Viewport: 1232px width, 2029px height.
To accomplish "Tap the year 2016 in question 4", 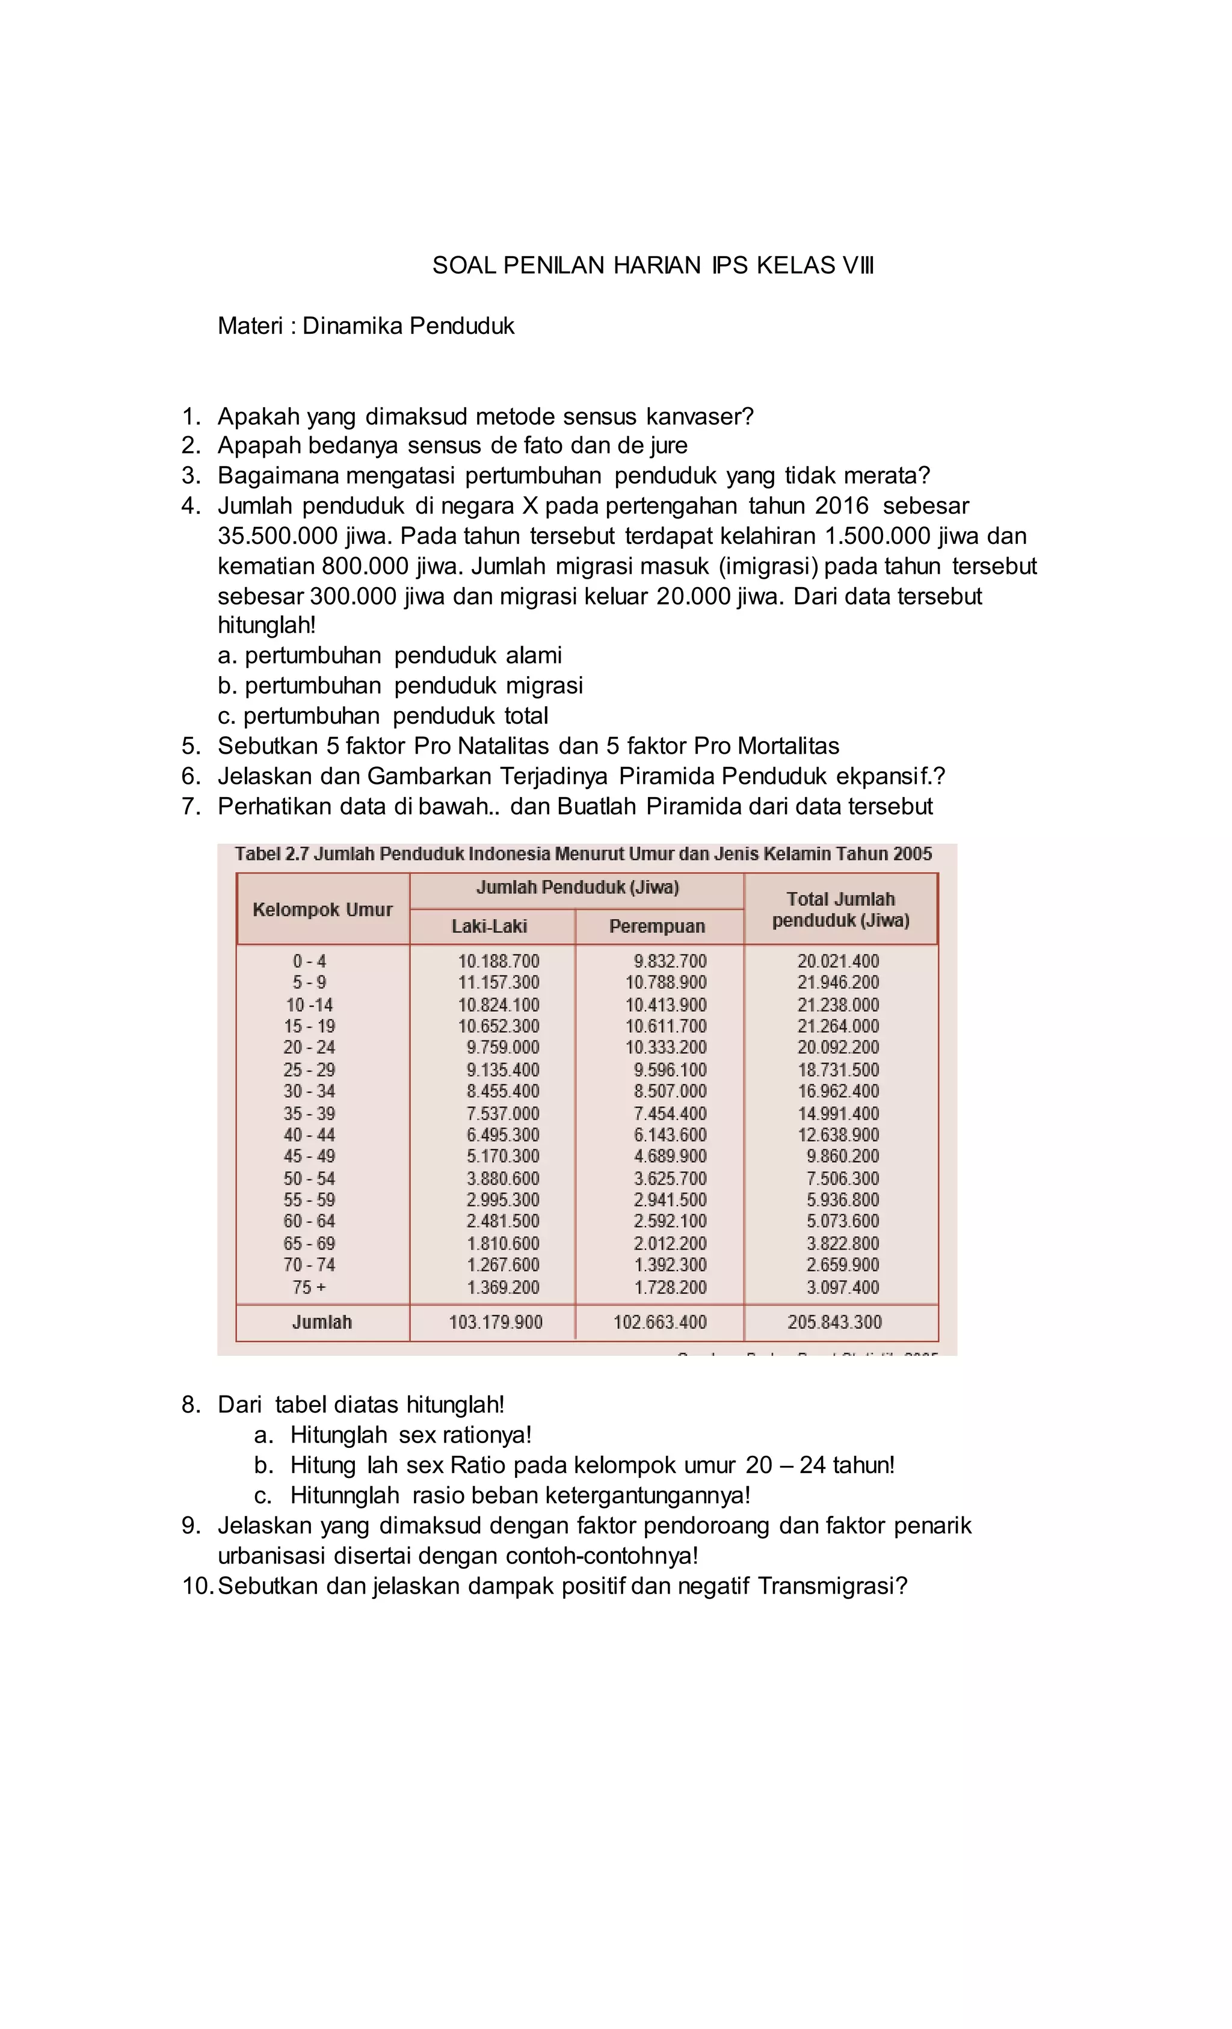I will pos(841,506).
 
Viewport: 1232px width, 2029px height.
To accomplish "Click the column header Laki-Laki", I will pos(489,926).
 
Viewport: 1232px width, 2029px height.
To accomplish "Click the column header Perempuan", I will pos(657,926).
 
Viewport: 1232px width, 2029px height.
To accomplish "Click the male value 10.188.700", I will pos(498,961).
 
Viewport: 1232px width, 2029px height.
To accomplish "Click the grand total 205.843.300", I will pos(834,1322).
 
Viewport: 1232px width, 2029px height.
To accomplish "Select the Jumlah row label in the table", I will pos(322,1322).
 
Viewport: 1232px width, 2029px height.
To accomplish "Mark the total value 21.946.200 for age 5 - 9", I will pos(837,982).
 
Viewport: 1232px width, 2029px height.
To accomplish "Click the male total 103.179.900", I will pos(495,1322).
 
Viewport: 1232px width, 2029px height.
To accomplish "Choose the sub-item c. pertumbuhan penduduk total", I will pos(383,716).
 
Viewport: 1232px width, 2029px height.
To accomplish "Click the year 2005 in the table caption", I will pos(911,854).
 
